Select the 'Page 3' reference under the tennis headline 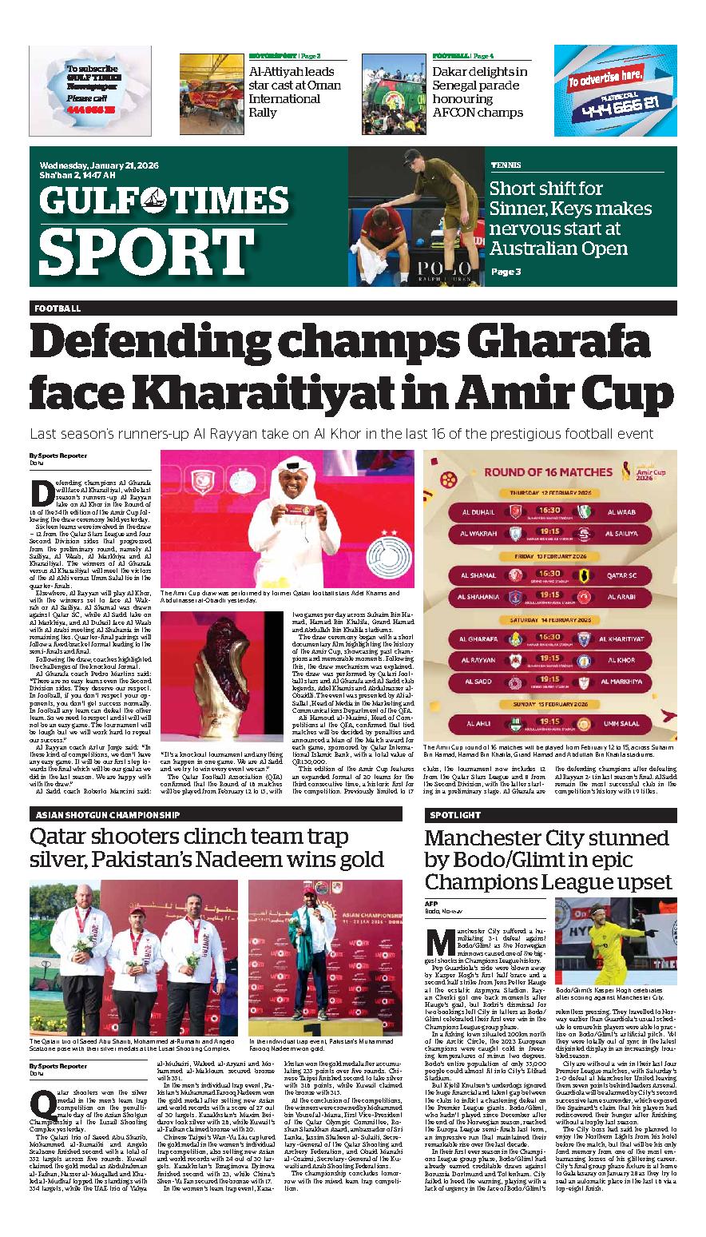click(x=505, y=272)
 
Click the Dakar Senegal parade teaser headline click(x=479, y=92)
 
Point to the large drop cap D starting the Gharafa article click(x=41, y=493)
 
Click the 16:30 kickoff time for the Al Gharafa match click(x=549, y=637)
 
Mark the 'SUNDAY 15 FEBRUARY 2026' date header click(x=549, y=706)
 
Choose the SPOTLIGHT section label click(x=454, y=815)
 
